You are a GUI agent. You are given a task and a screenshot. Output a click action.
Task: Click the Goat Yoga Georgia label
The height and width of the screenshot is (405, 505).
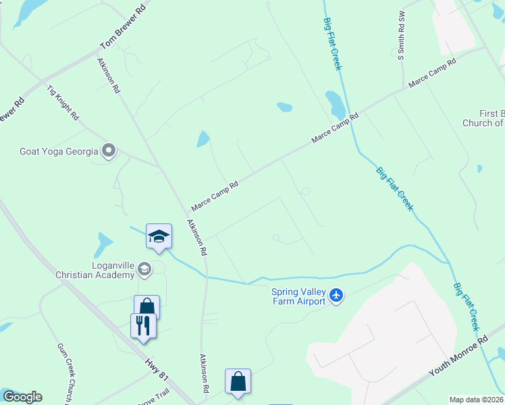click(x=58, y=151)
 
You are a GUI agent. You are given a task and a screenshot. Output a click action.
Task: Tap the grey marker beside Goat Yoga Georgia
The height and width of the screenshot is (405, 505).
click(x=109, y=151)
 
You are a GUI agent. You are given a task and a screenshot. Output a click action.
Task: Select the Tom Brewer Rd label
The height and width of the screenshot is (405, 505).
click(x=123, y=29)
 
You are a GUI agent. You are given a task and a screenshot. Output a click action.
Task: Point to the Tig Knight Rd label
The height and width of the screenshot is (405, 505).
click(x=63, y=103)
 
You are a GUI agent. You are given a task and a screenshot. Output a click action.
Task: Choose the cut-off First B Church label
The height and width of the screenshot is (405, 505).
click(x=483, y=118)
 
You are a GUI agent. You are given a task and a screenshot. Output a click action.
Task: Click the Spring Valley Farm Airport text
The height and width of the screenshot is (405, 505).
click(x=299, y=296)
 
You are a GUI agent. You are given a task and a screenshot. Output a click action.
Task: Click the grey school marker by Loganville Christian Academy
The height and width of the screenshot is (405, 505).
click(x=144, y=271)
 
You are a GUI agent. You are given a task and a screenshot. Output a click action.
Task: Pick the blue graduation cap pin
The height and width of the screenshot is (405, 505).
click(x=159, y=236)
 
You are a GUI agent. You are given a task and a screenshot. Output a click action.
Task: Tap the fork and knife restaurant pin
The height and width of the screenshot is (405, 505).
click(x=143, y=326)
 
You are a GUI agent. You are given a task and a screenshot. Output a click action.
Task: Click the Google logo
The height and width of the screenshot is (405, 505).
click(x=22, y=397)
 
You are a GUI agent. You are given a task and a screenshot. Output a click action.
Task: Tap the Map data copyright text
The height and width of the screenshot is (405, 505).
click(x=477, y=400)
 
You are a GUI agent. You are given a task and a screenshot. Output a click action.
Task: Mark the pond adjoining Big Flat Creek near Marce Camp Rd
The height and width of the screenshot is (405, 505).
click(x=335, y=104)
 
